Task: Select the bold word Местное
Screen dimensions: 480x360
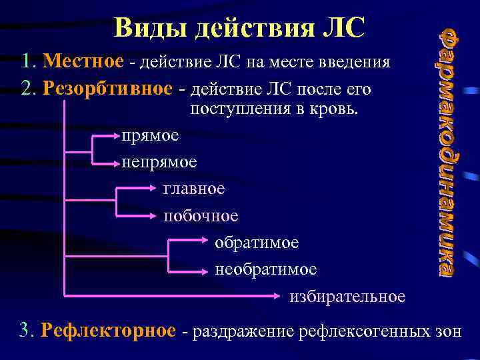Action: [x=82, y=62]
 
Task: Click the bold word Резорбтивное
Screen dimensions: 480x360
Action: [x=111, y=89]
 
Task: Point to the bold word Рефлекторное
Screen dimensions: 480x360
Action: [x=108, y=330]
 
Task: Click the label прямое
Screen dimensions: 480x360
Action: [x=150, y=135]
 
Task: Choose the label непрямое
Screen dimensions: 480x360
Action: [x=159, y=162]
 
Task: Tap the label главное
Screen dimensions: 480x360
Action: [x=194, y=189]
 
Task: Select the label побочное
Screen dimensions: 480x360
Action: [x=201, y=215]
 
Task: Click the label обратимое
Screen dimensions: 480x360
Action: [x=257, y=243]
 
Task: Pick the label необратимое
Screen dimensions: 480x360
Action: [x=266, y=269]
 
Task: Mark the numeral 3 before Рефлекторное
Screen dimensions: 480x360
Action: [x=25, y=330]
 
